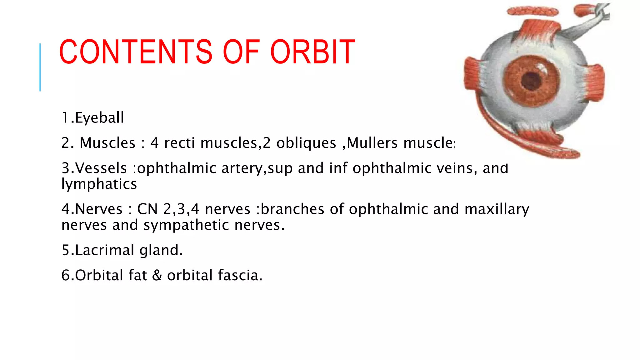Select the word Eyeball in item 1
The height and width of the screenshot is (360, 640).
pyautogui.click(x=99, y=118)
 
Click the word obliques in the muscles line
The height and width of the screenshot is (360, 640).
pyautogui.click(x=306, y=143)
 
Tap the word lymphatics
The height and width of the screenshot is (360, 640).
pyautogui.click(x=99, y=184)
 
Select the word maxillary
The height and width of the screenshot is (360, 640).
pyautogui.click(x=497, y=209)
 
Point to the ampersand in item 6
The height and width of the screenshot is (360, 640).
pyautogui.click(x=157, y=276)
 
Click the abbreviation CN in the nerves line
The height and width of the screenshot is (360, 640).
pyautogui.click(x=147, y=209)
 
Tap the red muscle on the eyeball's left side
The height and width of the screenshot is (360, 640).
pyautogui.click(x=472, y=75)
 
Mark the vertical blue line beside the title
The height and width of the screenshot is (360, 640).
pyautogui.click(x=40, y=67)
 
